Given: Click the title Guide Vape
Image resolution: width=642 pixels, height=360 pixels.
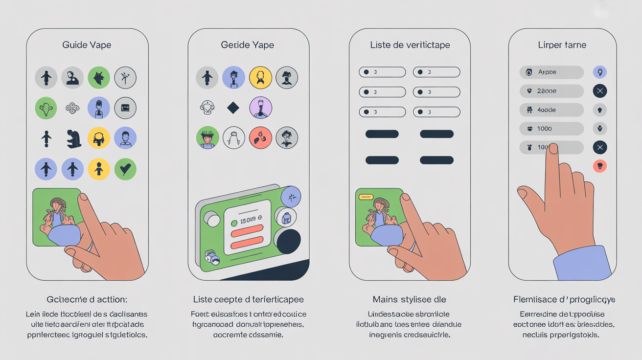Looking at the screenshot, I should click(x=87, y=45).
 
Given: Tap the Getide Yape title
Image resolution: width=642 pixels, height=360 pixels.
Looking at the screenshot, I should click(x=248, y=45).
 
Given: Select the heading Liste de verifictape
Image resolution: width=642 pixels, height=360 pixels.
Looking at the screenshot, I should click(x=410, y=45).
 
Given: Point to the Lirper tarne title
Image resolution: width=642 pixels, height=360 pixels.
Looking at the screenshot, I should click(x=562, y=45).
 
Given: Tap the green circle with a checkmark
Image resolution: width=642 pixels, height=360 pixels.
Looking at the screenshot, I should click(x=125, y=169).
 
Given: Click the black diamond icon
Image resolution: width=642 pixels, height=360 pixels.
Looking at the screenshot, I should click(x=233, y=108).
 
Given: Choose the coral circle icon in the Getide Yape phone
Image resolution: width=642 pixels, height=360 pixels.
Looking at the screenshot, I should click(x=260, y=138).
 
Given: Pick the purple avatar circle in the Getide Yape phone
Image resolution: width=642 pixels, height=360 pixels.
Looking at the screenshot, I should click(x=260, y=108).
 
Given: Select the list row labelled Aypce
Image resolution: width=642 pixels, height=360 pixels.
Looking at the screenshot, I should click(x=551, y=72).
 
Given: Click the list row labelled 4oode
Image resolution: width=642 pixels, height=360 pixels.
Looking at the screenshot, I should click(x=551, y=110).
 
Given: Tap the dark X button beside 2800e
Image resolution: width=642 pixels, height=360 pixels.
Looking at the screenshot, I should click(x=599, y=91).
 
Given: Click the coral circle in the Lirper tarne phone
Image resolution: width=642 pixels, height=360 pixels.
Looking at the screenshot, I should click(x=599, y=166).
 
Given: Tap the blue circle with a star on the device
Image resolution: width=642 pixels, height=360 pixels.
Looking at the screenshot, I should click(x=291, y=197).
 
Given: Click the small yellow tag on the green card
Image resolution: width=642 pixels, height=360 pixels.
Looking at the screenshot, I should click(x=366, y=197).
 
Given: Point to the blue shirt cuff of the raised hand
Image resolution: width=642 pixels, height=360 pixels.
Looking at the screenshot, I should click(x=583, y=264).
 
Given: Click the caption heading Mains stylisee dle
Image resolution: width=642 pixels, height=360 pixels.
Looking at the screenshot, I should click(x=409, y=299).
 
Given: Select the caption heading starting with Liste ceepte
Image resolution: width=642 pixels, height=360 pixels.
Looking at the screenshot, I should click(x=248, y=299).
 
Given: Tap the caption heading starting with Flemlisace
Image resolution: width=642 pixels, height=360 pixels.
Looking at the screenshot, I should click(x=564, y=299).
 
